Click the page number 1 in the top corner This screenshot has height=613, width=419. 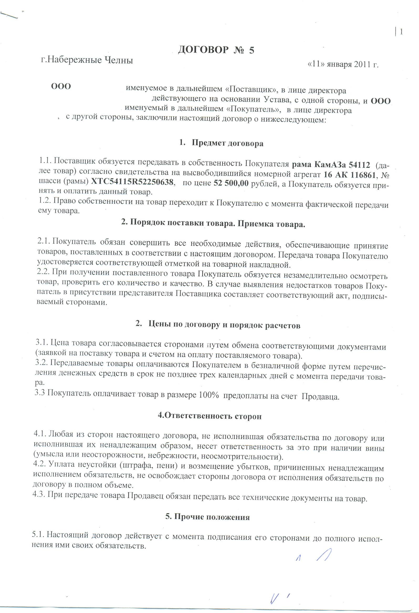(x=401, y=32)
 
